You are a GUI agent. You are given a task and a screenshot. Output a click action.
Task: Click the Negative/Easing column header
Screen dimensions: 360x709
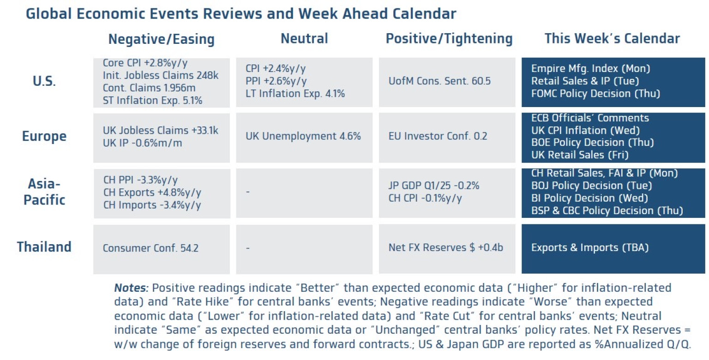[x=161, y=39]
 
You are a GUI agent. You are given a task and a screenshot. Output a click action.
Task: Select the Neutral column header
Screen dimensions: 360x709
[x=304, y=39]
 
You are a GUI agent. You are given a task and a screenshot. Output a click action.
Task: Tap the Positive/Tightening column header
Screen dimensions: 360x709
[x=449, y=39]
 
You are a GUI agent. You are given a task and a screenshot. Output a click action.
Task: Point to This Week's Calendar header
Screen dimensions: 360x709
[x=612, y=39]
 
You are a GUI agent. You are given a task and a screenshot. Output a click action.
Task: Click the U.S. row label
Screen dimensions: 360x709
[x=44, y=82]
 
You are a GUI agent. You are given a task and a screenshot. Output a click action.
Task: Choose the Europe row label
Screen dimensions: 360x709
[x=44, y=137]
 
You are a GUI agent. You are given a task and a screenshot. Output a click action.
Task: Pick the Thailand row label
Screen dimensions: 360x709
[x=44, y=247]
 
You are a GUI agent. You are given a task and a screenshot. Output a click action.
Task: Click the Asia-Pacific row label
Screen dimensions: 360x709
[x=44, y=192]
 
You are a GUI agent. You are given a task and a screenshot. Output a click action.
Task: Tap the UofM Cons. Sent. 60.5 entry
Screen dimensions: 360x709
[x=439, y=82]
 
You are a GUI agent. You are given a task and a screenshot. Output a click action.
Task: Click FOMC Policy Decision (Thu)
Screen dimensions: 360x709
[x=595, y=94]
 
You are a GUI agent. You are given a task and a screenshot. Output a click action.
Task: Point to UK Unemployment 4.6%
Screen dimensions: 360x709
[x=303, y=137]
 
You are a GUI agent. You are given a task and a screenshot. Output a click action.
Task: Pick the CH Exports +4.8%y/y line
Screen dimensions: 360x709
[x=152, y=192]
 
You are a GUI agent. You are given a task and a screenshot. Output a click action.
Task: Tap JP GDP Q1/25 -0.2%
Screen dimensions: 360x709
[x=434, y=186]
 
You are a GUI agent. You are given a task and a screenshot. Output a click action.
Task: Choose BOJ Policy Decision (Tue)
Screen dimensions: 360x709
[x=591, y=186]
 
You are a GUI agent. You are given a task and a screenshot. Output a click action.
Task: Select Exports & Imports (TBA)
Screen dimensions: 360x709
[x=590, y=248]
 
